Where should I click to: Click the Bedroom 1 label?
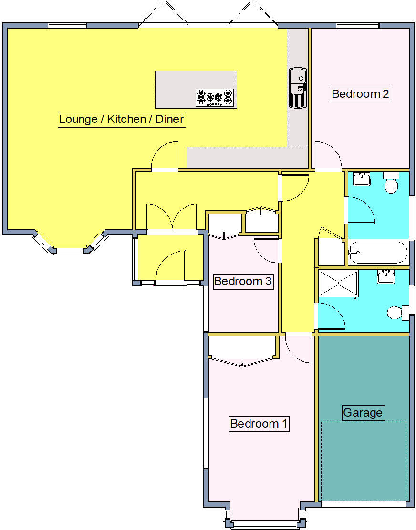point(259,423)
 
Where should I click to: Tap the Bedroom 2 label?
point(360,94)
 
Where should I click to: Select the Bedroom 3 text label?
point(243,281)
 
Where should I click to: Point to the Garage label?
point(363,412)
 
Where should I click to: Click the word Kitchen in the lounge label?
point(126,119)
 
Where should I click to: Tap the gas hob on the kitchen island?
point(215,97)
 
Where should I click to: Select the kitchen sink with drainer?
point(297,88)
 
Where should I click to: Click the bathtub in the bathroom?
point(377,253)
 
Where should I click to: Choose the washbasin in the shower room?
point(385,276)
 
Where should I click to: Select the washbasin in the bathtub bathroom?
point(362,179)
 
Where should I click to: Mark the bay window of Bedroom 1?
point(264,523)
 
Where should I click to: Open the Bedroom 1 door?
point(299,350)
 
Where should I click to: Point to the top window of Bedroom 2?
point(357,25)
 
